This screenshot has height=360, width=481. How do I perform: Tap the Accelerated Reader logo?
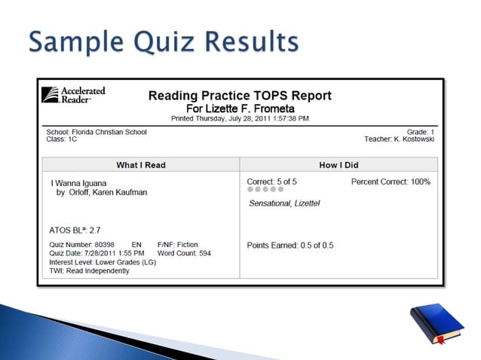tap(73, 95)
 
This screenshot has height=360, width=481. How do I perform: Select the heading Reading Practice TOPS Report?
tap(240, 96)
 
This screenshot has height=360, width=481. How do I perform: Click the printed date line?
tap(240, 118)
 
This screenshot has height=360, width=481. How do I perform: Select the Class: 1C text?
tap(57, 139)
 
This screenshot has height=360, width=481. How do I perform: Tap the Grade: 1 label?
tap(421, 132)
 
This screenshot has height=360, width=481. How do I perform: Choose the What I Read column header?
tap(141, 165)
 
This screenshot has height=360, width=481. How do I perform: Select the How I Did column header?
tap(339, 165)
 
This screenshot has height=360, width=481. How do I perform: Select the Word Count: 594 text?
tap(184, 254)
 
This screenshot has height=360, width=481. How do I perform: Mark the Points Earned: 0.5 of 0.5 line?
tap(290, 246)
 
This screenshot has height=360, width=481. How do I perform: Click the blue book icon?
tap(436, 323)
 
